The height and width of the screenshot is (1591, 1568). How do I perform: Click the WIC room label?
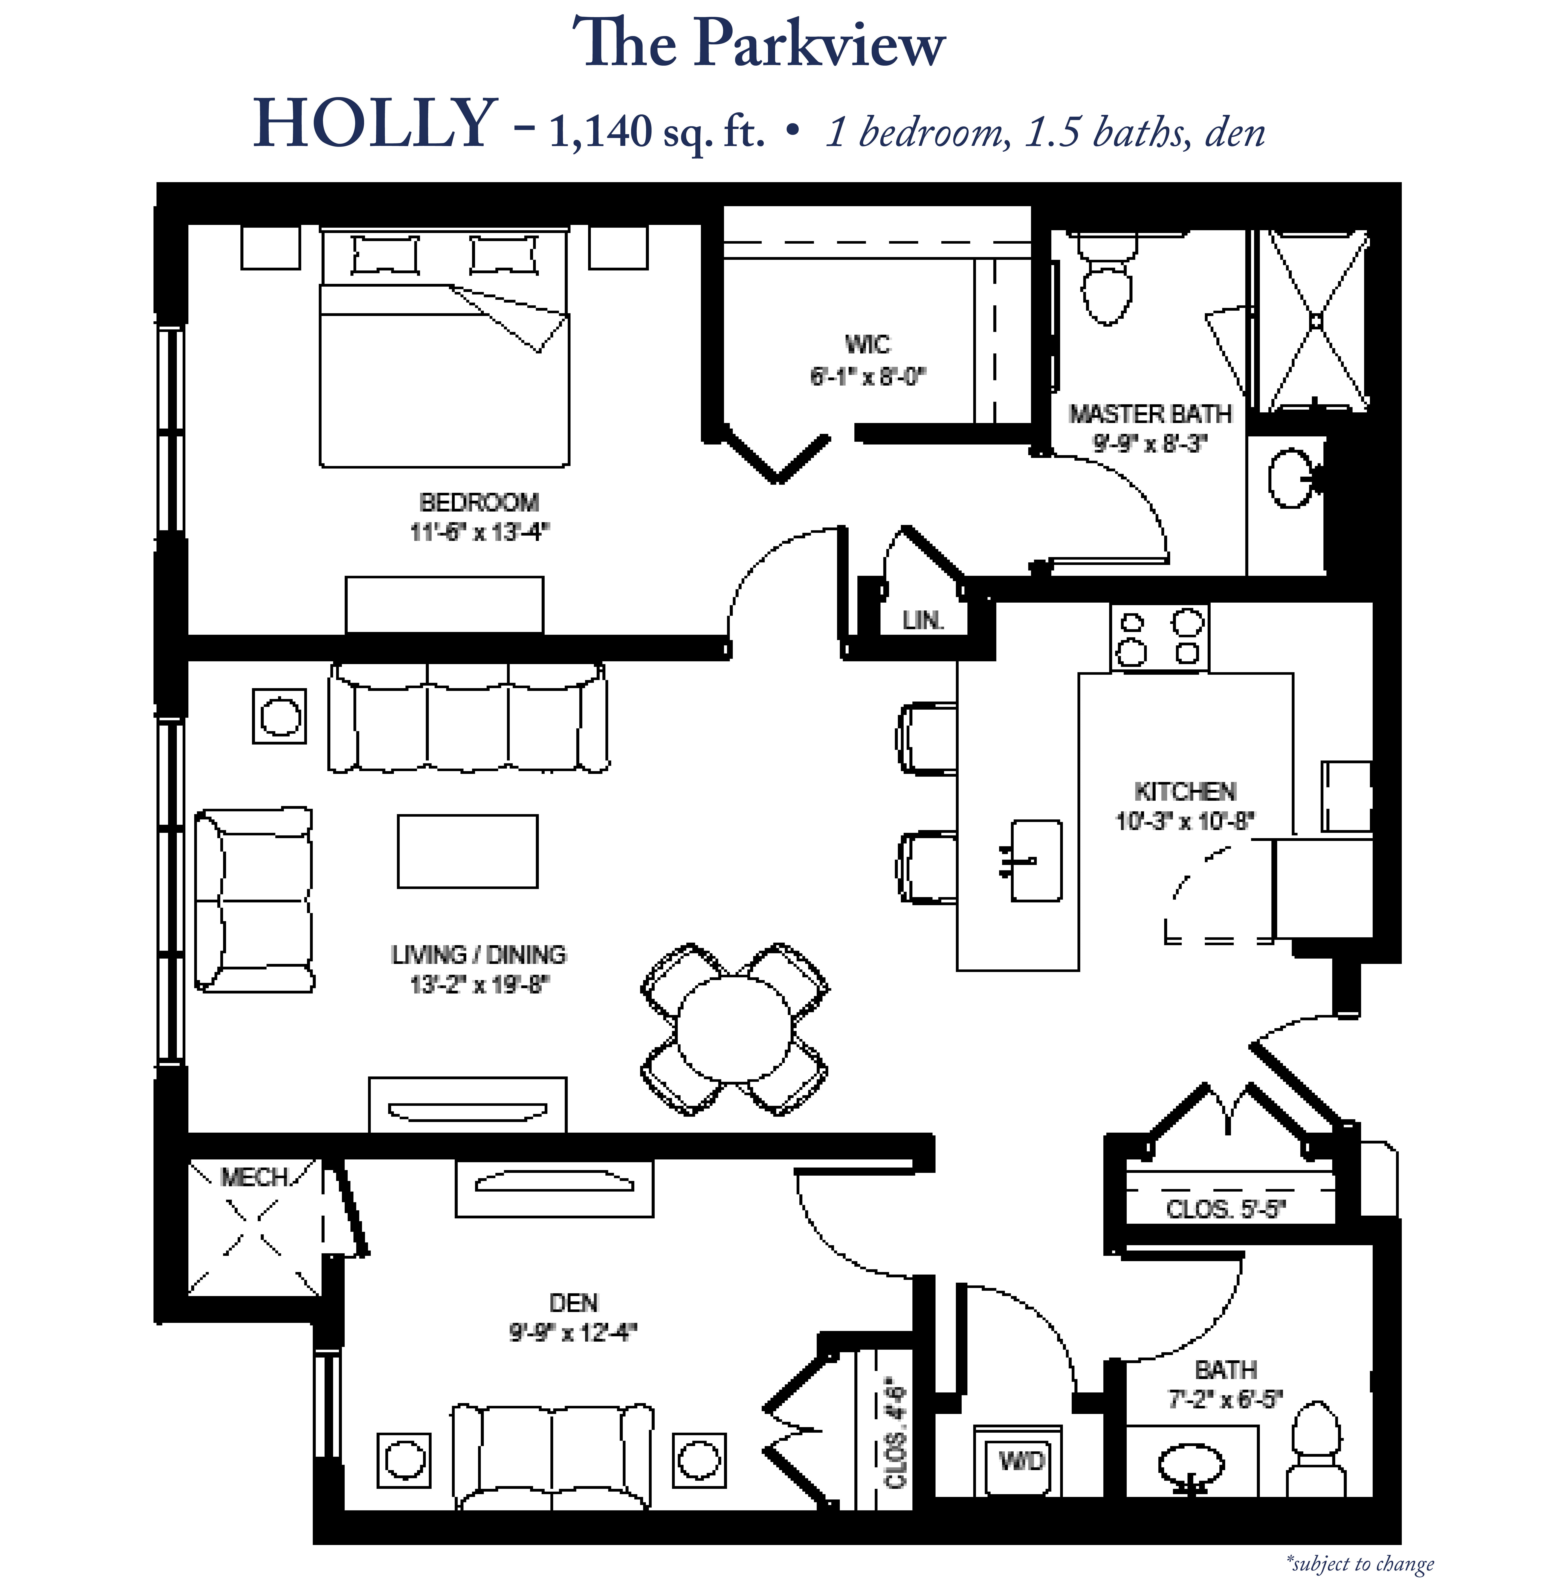867,343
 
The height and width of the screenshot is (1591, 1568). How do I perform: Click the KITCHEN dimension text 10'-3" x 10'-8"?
1185,821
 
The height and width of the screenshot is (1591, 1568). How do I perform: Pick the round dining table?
735,1029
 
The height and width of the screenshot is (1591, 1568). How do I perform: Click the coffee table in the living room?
468,852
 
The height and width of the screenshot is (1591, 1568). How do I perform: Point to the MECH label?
254,1178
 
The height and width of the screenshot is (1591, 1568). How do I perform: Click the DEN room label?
573,1303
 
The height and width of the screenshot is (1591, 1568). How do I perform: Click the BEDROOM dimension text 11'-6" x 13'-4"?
479,532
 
